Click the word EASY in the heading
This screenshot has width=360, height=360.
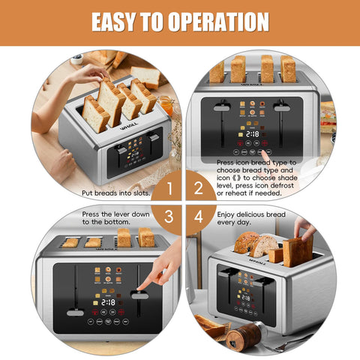[x=117, y=22]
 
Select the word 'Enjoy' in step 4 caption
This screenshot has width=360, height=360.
[x=228, y=214]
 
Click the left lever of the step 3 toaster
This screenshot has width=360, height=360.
[x=75, y=311]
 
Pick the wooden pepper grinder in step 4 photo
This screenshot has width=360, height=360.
[x=242, y=335]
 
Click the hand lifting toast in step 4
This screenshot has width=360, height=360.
[x=304, y=228]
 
